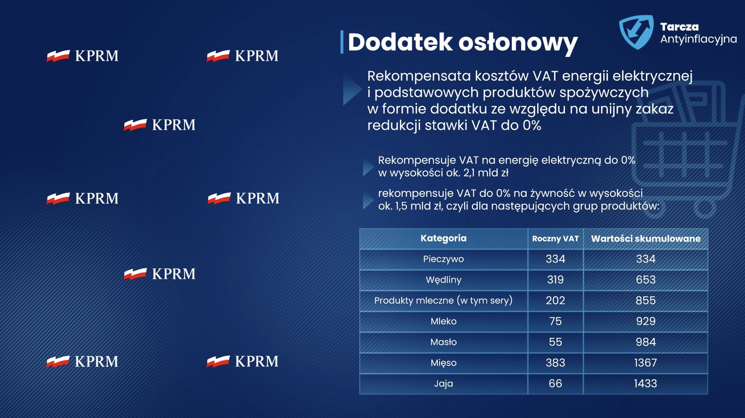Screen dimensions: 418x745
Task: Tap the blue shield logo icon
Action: tap(636, 31)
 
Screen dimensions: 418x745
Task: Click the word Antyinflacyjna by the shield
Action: tap(698, 39)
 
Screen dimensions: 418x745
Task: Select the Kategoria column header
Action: tap(443, 238)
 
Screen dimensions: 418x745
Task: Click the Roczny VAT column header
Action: tap(555, 239)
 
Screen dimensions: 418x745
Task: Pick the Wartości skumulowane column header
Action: tap(645, 239)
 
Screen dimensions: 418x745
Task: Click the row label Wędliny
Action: tap(443, 280)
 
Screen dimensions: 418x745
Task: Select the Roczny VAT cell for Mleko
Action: tap(555, 321)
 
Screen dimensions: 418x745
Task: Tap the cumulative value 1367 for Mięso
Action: tap(645, 363)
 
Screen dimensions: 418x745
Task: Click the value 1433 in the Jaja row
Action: tap(645, 383)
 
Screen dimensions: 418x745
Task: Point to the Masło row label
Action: tap(443, 342)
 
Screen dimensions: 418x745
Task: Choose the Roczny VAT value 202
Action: tap(555, 300)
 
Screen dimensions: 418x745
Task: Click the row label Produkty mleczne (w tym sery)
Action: tap(443, 300)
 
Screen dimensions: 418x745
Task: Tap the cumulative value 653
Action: tap(645, 280)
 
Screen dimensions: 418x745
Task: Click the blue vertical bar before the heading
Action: tap(341, 42)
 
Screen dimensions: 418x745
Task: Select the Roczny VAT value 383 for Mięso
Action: tap(555, 363)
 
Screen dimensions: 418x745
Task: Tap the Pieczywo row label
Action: tap(443, 259)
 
